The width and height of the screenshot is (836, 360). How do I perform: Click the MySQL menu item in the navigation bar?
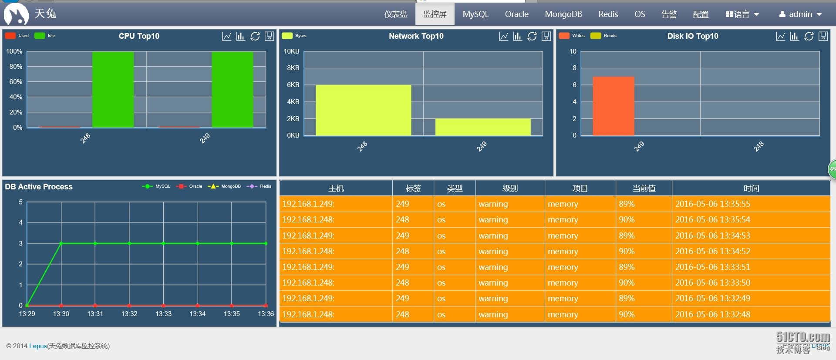tap(475, 14)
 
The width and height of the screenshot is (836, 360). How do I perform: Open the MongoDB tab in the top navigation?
tap(563, 14)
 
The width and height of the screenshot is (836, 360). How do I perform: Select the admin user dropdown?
tap(800, 14)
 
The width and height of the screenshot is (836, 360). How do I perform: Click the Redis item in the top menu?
tap(608, 14)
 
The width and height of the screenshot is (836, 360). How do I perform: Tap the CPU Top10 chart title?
tap(139, 36)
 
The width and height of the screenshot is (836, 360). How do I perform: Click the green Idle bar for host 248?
tap(113, 89)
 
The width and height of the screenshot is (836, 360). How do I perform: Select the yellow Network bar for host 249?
tap(482, 127)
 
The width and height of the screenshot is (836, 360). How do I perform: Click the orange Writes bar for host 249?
tap(613, 106)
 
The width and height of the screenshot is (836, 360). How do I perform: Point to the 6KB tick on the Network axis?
tap(293, 85)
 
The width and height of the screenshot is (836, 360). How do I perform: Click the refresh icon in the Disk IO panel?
tap(809, 37)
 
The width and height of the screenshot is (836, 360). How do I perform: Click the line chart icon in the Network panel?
tap(503, 37)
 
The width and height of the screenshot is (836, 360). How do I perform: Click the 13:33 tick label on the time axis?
tap(163, 314)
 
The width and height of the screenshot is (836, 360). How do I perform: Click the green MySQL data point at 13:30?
tap(61, 243)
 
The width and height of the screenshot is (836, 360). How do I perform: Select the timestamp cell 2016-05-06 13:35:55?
tap(712, 204)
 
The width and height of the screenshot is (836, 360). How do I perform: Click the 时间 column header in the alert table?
tap(751, 188)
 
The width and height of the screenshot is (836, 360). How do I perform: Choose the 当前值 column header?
tap(644, 188)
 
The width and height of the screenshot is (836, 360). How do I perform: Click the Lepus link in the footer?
tap(38, 346)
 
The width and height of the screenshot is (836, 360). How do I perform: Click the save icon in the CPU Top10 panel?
tap(270, 37)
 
